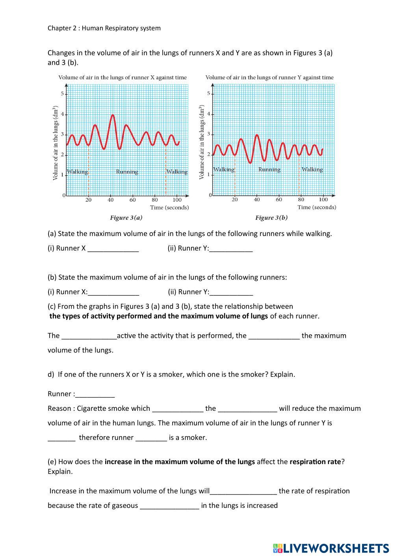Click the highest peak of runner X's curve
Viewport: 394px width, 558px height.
coord(113,115)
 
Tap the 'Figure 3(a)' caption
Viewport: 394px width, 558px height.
coord(126,217)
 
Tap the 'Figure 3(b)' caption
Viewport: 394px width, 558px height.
coord(271,217)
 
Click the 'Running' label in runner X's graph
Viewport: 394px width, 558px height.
coord(127,172)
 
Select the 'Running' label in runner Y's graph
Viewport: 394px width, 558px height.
coord(269,170)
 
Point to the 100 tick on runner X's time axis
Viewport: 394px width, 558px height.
coord(177,200)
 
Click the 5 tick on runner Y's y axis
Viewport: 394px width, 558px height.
coord(209,94)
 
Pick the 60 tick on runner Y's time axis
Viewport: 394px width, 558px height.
coord(279,200)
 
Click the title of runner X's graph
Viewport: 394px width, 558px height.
coord(123,77)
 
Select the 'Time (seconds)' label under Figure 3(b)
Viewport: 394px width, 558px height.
coord(316,207)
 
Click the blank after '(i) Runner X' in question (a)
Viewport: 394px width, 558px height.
coord(113,249)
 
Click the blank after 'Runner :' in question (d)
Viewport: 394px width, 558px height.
coord(95,394)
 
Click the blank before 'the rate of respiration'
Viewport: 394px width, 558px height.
coord(243,492)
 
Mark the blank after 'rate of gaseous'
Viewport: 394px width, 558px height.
coord(169,506)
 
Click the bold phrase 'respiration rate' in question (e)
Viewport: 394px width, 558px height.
coord(315,462)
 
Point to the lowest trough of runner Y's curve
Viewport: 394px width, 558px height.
coord(250,162)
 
